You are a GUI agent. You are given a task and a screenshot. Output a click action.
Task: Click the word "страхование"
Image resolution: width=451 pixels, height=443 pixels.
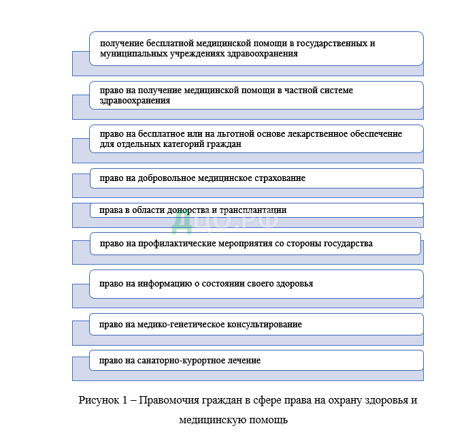281,178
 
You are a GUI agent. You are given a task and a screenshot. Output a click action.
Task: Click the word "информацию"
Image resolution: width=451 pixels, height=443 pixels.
161,283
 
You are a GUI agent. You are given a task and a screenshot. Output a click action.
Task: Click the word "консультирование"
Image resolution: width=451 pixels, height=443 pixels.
263,324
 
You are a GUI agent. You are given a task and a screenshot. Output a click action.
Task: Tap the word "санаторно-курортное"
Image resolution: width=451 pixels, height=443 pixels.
175,360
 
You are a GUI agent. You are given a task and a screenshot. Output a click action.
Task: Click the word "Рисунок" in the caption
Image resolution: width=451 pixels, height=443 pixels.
99,399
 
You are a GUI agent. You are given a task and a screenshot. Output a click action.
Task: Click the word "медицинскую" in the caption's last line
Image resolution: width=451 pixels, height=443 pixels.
210,420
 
